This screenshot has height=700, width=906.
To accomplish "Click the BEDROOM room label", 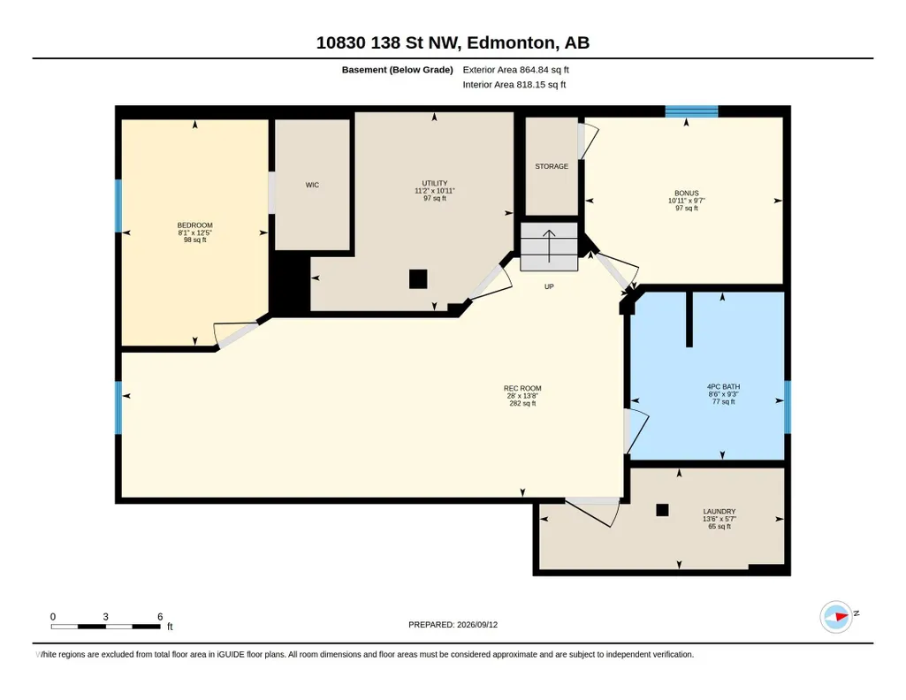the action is coord(194,225).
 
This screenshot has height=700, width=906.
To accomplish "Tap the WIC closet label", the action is coord(312,185).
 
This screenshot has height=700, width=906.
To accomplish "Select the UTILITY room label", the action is coord(435,183).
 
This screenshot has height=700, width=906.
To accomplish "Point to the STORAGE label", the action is coord(552,166).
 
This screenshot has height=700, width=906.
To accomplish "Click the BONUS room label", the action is coord(687,194).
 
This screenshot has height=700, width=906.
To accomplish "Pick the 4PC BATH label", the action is coord(723,387).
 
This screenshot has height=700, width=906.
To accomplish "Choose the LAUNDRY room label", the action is coord(719,511).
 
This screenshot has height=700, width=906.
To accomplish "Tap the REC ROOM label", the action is coord(522,389).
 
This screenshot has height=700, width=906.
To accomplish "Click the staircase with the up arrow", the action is coord(549,247).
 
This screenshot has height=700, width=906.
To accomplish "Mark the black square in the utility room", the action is coord(418,279).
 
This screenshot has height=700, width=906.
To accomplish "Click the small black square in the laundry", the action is coord(662,510).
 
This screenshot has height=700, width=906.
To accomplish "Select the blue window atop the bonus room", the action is coord(691,111).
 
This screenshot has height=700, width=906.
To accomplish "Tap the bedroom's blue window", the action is coord(118,206).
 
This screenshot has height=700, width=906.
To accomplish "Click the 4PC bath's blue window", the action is coord(787,407).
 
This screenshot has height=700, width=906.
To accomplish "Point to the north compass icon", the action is coord(837,617).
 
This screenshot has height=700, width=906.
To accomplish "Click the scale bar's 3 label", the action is coord(106,617).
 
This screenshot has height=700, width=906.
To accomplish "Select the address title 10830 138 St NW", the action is coord(387,42).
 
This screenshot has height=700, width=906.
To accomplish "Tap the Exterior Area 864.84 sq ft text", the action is coord(515,70).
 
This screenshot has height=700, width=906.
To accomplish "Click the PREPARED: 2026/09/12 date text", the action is coord(453,624).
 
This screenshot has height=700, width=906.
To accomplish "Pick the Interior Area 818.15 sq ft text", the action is coord(514,85).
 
